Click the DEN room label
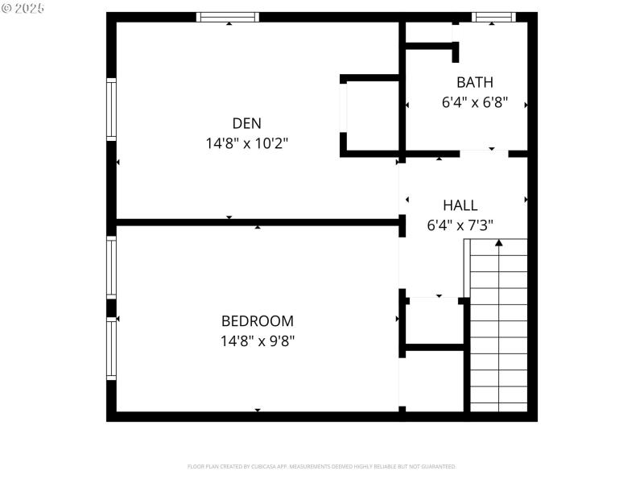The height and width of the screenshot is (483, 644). click(246, 123)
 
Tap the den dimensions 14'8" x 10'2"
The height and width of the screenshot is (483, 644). click(246, 143)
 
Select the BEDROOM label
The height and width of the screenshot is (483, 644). click(258, 320)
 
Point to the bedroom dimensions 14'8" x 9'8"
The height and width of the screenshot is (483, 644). click(258, 341)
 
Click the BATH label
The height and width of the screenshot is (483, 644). click(475, 82)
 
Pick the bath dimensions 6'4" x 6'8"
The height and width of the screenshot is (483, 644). click(475, 102)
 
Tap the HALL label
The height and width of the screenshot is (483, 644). click(460, 205)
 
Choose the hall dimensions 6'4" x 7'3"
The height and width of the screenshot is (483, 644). click(460, 225)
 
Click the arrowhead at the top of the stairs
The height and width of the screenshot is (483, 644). click(499, 242)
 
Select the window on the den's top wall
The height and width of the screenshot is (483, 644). click(228, 17)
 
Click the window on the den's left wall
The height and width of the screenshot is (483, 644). click(112, 109)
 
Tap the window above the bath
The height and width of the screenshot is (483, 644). click(493, 17)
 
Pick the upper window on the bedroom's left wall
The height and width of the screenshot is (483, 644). click(112, 268)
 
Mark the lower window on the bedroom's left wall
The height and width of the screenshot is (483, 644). click(112, 349)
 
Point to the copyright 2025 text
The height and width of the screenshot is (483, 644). click(23, 8)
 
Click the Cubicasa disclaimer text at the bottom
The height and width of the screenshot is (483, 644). click(322, 466)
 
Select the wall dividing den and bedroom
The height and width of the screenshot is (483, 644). click(258, 221)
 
